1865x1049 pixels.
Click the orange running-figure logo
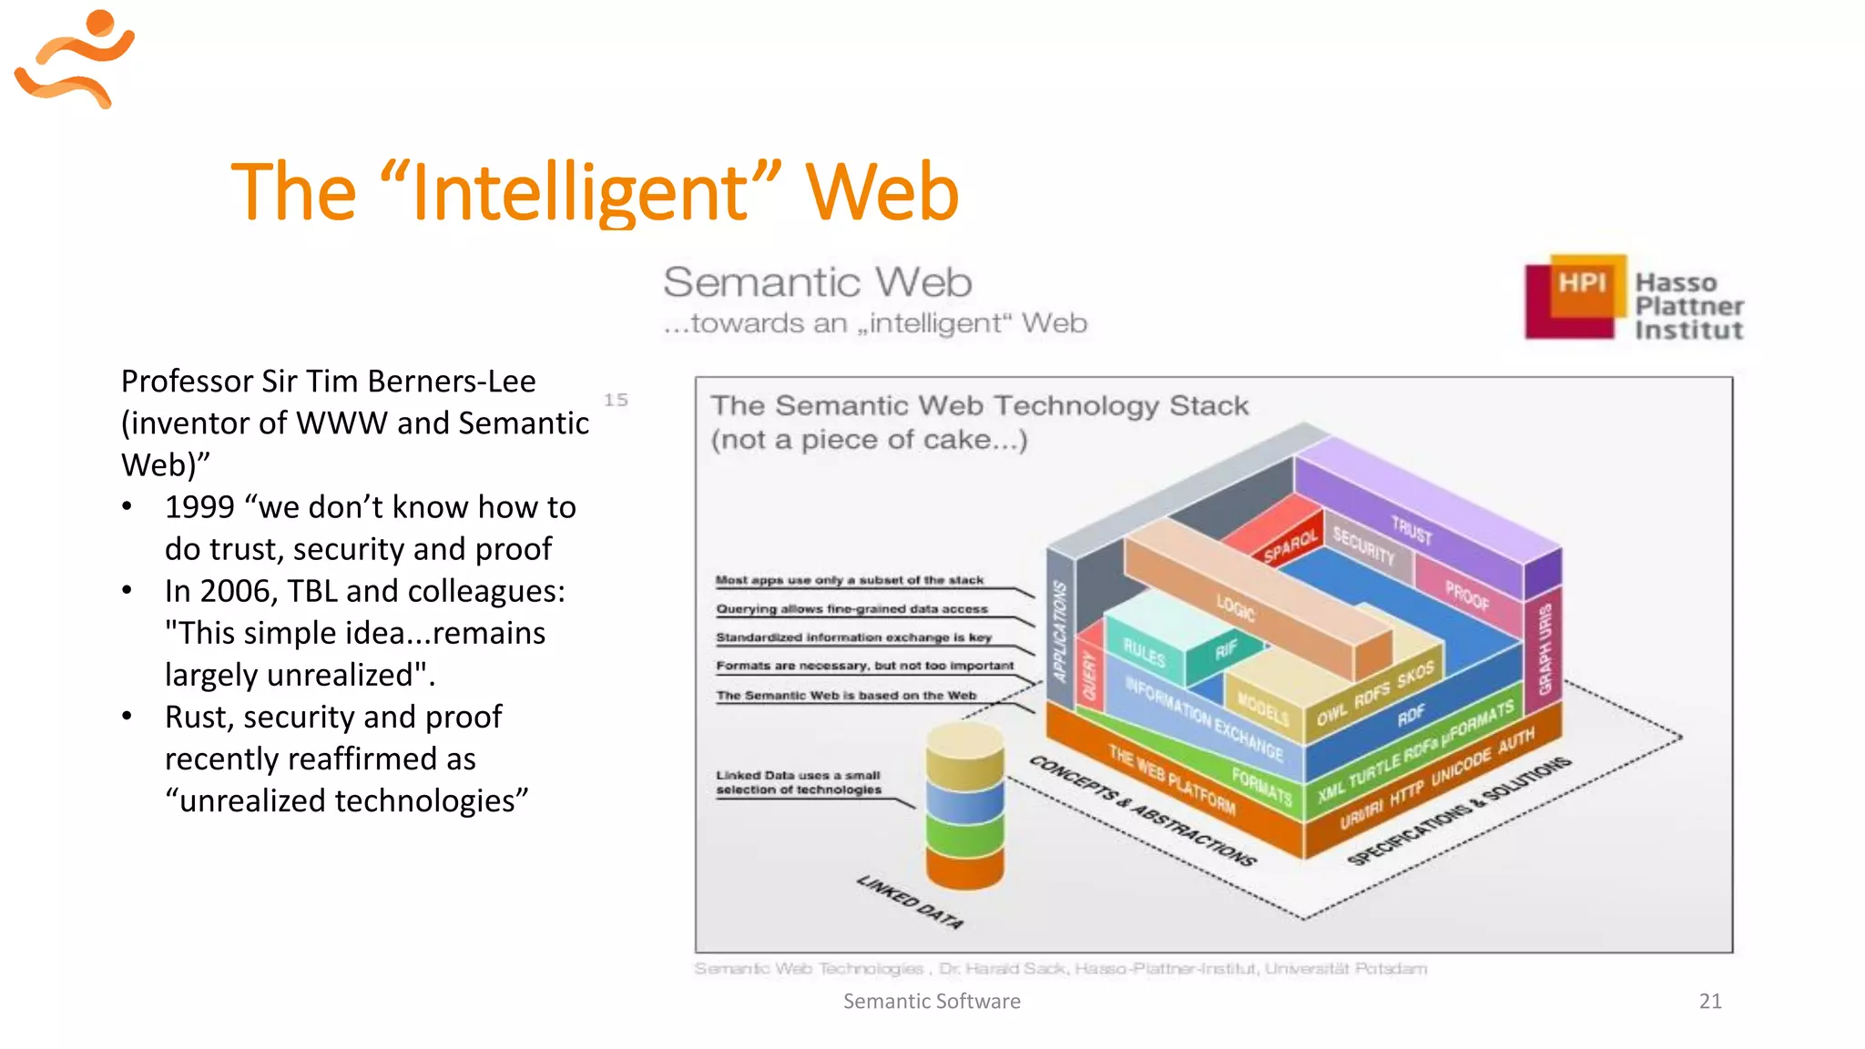pyautogui.click(x=75, y=58)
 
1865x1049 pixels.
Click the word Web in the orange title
pyautogui.click(x=882, y=192)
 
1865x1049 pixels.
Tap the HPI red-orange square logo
pyautogui.click(x=1575, y=296)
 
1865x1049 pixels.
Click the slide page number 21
pyautogui.click(x=1710, y=1001)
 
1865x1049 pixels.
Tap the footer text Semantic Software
pyautogui.click(x=931, y=1001)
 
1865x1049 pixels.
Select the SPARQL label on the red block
pyautogui.click(x=1290, y=546)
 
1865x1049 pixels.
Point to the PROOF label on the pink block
pyautogui.click(x=1467, y=595)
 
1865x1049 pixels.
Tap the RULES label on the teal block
pyautogui.click(x=1144, y=652)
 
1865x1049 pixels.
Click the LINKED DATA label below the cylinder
pyautogui.click(x=909, y=901)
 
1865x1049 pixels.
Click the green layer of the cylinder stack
pyautogui.click(x=965, y=833)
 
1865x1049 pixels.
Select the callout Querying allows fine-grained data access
pyautogui.click(x=851, y=609)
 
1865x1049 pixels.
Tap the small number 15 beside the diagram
pyautogui.click(x=616, y=400)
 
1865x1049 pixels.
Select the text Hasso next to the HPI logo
pyautogui.click(x=1676, y=283)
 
